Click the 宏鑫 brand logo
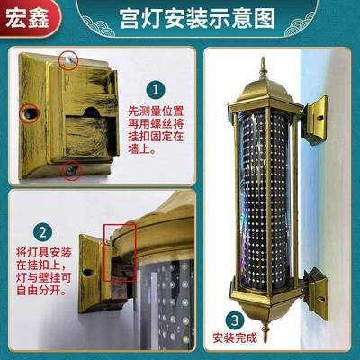click(x=26, y=17)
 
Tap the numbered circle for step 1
click(x=157, y=89)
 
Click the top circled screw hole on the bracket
click(x=69, y=59)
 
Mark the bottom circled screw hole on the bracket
click(x=67, y=167)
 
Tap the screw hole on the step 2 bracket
click(x=88, y=269)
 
